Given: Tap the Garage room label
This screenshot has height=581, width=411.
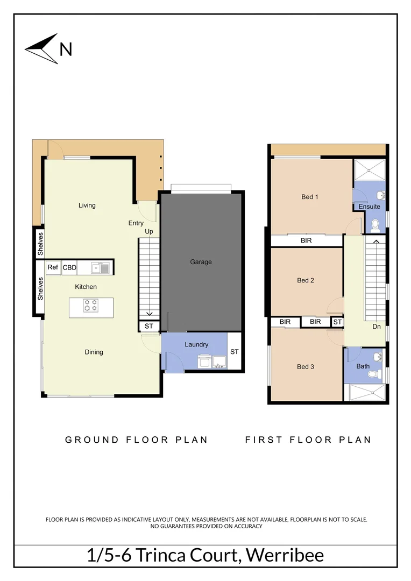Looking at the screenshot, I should coord(201,262).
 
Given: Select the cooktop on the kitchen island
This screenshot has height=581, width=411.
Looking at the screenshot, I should coord(91,306).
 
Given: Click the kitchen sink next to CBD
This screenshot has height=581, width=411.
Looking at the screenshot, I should coord(100,267).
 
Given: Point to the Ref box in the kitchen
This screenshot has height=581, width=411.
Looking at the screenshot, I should coord(53,267).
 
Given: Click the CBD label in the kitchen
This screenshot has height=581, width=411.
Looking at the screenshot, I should coord(69,267).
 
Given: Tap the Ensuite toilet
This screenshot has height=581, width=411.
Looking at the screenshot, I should coord(375,224).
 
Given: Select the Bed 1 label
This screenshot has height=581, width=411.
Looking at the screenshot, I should coord(309,197).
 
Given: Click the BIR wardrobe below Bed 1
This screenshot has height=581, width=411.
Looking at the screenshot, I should coord(306,241).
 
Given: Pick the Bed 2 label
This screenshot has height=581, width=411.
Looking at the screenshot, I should coord(305,280).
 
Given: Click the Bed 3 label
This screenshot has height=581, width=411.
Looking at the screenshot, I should coord(305,367).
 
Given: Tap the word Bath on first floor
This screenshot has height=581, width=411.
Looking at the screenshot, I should coord(363,367).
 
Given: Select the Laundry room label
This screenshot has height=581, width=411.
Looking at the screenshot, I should coord(196,344).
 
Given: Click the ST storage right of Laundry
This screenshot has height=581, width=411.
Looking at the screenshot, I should coord(235,352).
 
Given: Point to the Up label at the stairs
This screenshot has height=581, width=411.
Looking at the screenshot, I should coord(149,232).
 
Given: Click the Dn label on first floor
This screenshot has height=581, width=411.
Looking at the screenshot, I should coord(377,327).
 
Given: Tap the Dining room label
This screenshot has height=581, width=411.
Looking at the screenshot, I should coord(94,352).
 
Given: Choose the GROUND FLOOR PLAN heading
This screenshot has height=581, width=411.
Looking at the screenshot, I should coord(136,440).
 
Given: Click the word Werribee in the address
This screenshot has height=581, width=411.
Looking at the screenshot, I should coord(282,555).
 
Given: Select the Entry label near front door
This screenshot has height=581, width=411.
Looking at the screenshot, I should coord(136,223).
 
